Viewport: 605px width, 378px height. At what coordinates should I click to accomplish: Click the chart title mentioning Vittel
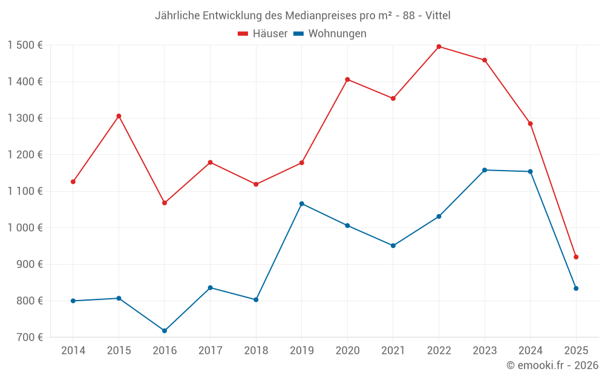point(302,15)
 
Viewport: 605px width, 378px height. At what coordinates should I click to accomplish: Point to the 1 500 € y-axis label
point(25,45)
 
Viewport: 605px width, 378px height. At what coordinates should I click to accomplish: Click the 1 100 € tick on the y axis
point(25,191)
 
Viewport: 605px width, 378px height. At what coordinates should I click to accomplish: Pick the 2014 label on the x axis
point(73,351)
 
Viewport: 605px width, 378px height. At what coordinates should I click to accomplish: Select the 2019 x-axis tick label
point(302,351)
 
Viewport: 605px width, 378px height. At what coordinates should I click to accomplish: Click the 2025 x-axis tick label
point(576,351)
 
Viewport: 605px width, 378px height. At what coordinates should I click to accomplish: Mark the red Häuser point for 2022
point(439,47)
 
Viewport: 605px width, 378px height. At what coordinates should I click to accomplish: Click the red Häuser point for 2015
point(119,116)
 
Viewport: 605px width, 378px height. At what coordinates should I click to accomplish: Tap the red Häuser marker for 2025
point(576,257)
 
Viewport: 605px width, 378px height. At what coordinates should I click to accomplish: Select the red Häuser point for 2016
point(165,203)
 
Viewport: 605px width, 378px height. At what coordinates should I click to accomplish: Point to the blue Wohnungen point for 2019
point(302,204)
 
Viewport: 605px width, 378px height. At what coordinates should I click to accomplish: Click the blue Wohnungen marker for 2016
point(165,331)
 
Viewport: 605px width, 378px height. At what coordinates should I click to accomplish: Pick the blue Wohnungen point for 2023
point(485,170)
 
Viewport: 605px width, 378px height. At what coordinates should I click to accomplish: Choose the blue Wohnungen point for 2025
point(576,288)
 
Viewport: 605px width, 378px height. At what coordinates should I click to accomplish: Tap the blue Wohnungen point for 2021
point(393,246)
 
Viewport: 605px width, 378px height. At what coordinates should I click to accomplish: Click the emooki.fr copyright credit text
point(552,365)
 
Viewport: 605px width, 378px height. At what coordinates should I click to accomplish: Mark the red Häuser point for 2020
point(347,79)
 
